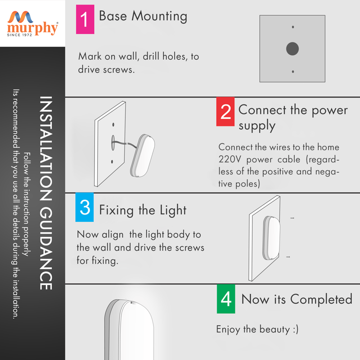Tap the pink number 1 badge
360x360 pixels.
tap(85, 19)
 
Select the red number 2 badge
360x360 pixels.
tap(225, 112)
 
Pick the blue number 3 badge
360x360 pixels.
tap(85, 207)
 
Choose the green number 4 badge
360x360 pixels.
tap(226, 299)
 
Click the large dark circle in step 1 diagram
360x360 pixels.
tap(292, 49)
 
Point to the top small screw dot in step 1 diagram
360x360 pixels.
tap(293, 27)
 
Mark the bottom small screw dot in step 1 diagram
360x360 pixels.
tap(293, 72)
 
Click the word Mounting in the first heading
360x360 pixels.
tap(159, 17)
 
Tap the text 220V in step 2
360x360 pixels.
tap(229, 159)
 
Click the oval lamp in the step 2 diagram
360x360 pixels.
tap(143, 155)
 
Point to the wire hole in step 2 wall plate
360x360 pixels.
tap(113, 143)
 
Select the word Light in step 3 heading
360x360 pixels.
tap(173, 210)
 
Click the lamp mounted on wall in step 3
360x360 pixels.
tap(271, 238)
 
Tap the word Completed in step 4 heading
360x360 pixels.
tap(321, 299)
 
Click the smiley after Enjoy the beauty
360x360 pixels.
tap(296, 329)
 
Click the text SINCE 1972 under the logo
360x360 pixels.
tap(19, 35)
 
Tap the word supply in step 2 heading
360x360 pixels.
tap(257, 126)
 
